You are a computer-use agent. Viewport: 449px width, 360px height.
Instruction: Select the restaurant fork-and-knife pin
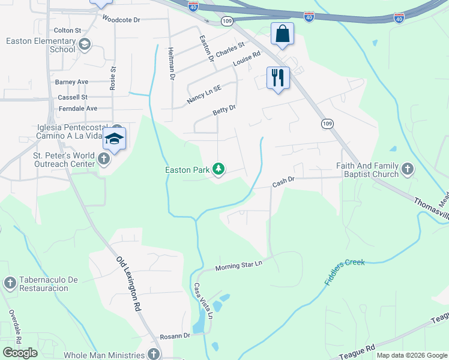point(278,78)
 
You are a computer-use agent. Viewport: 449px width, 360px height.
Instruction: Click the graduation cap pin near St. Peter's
point(114,139)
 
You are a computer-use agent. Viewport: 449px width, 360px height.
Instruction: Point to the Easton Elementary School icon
point(85,43)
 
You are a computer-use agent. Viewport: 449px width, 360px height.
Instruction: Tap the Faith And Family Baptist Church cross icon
point(408,169)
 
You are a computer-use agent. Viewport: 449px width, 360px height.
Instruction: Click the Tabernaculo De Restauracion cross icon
point(10,282)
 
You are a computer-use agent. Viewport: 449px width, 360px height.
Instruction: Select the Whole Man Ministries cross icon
point(155,354)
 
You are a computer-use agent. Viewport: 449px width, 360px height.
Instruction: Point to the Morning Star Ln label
point(239,265)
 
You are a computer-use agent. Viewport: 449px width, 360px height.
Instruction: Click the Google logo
point(20,353)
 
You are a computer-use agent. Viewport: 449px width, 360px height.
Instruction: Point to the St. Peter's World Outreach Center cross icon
point(104,159)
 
